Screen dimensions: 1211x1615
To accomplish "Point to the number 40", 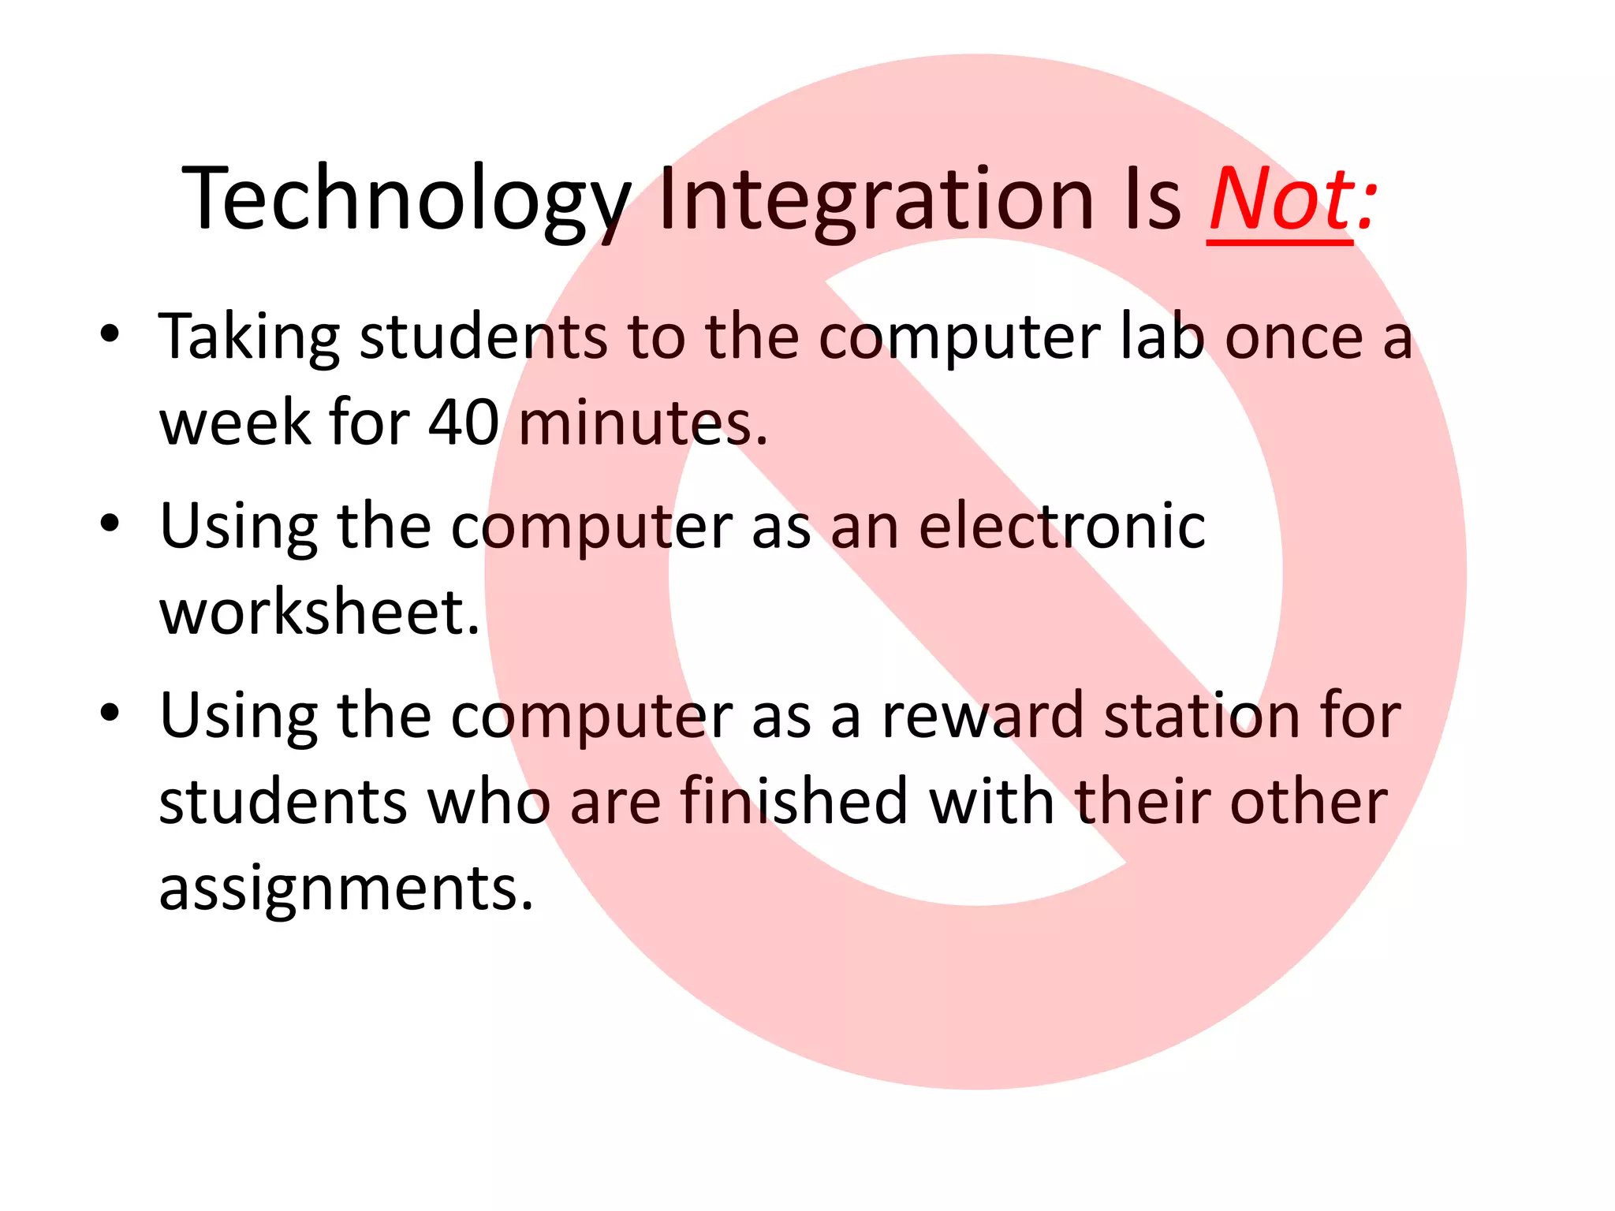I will click(x=464, y=423).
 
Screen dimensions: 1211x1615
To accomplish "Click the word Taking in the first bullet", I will click(x=249, y=337).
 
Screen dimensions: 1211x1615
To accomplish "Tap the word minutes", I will click(x=643, y=423).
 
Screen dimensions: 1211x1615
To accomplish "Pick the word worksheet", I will click(x=319, y=613).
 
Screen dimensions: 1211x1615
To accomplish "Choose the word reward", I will click(x=983, y=716).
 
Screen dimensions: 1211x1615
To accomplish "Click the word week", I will click(x=235, y=423).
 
